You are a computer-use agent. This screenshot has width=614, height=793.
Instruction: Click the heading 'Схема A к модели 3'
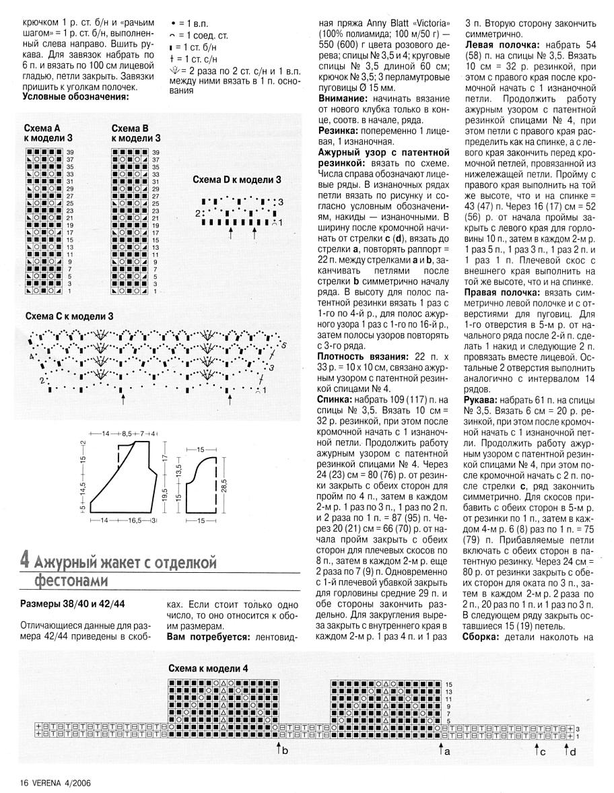(x=49, y=133)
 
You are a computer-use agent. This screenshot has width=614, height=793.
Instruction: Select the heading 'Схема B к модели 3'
(x=136, y=133)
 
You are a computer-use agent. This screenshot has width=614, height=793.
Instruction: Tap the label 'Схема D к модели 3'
(x=236, y=180)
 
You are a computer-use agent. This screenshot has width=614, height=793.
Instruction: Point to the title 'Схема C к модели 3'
(x=69, y=316)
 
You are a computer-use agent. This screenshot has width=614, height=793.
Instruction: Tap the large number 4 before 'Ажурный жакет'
(x=25, y=560)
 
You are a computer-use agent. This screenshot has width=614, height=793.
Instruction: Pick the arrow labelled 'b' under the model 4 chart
(x=279, y=749)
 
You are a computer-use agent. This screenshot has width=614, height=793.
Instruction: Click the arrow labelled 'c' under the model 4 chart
(x=537, y=749)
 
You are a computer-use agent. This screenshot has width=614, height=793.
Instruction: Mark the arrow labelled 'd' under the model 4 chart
(x=567, y=749)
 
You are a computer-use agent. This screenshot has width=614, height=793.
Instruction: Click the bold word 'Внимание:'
(x=343, y=98)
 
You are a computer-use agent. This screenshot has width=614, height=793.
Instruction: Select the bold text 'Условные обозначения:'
(x=75, y=96)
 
